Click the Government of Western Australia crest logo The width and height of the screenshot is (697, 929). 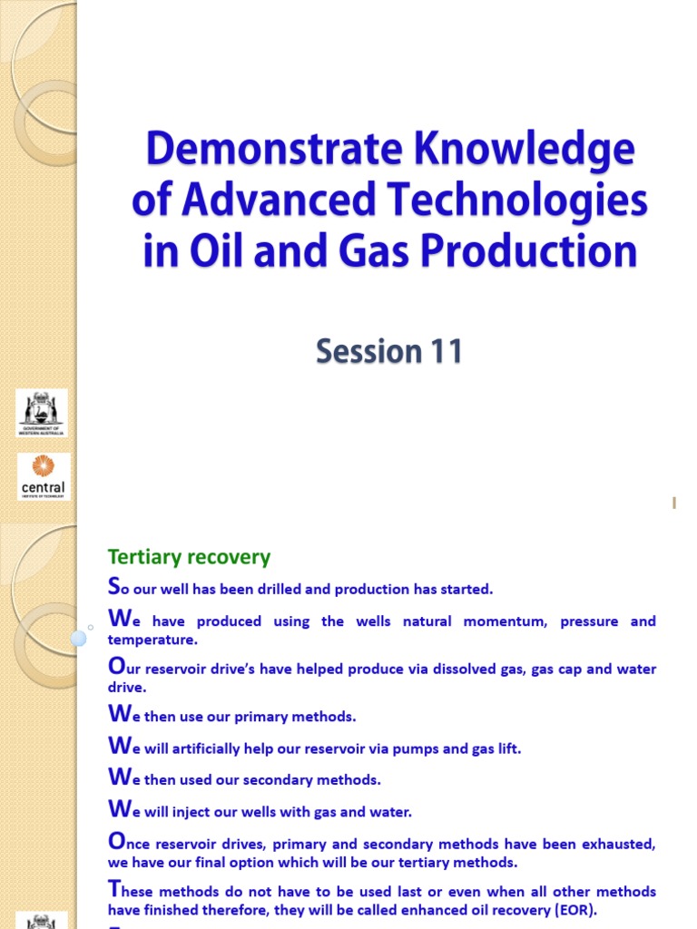point(42,413)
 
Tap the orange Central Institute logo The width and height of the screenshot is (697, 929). point(42,476)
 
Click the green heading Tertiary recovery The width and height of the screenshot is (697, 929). point(189,556)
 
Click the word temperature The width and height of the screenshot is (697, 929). point(151,640)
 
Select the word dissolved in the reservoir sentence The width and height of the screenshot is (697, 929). point(493,669)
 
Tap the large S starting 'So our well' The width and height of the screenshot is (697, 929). point(113,587)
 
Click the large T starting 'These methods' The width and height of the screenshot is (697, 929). point(113,889)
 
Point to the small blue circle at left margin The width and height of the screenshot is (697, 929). point(78,638)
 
